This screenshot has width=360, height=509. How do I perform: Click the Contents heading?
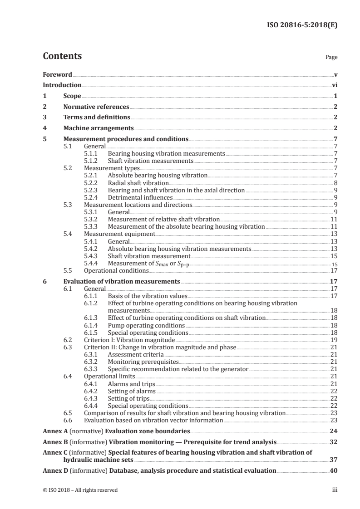coord(62,57)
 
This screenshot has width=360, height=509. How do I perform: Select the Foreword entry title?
coord(57,74)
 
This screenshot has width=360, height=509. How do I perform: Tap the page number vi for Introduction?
coord(334,85)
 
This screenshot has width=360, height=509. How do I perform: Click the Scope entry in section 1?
coord(72,96)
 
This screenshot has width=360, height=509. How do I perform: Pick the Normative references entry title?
coord(96,107)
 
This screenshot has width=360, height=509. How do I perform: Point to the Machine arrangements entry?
coord(99,128)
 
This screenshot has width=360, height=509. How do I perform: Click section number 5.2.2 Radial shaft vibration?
coord(93,183)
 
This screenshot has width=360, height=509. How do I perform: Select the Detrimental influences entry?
coord(140,197)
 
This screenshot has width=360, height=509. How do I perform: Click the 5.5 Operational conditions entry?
coord(117,271)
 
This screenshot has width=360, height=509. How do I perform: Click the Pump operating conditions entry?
coord(146,325)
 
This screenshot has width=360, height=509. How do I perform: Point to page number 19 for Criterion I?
coord(334,339)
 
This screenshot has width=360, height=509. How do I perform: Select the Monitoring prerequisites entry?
coord(143,362)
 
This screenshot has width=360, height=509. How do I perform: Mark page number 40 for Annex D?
coord(333,470)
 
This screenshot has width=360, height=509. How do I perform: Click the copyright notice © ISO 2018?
coord(80,490)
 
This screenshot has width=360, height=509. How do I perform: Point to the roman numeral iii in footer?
coord(335,490)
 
